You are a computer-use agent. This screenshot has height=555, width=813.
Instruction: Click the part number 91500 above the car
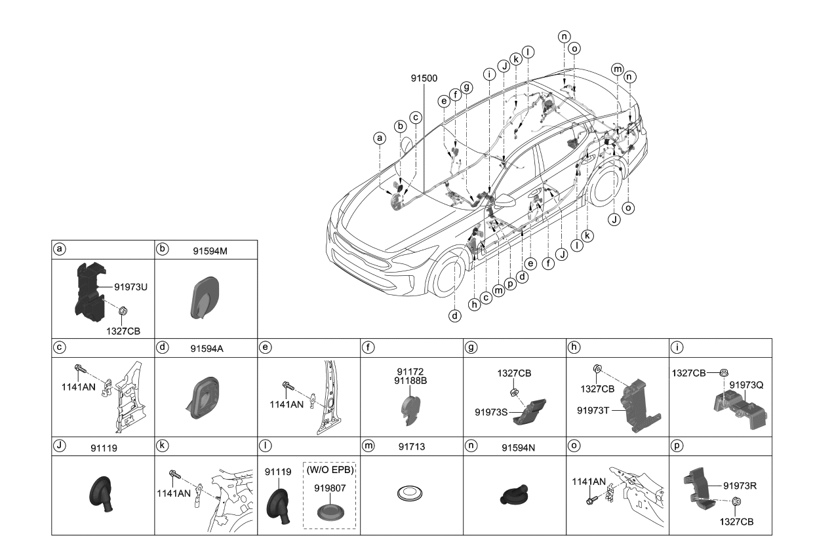pyautogui.click(x=424, y=77)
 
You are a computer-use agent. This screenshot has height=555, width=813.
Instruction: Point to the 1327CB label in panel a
pyautogui.click(x=123, y=331)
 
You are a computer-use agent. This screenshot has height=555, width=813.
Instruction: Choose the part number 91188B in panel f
pyautogui.click(x=411, y=380)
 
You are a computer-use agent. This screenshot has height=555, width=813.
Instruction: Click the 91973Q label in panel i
pyautogui.click(x=745, y=386)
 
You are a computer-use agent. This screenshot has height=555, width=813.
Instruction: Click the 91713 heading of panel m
pyautogui.click(x=412, y=447)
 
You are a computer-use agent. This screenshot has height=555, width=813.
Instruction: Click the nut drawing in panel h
pyautogui.click(x=597, y=370)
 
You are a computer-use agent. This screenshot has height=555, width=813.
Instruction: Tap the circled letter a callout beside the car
pyautogui.click(x=378, y=138)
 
